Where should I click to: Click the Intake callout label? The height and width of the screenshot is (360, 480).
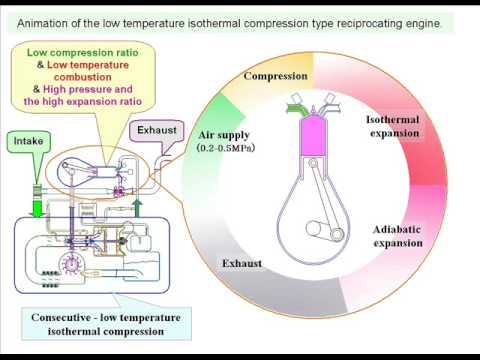[28, 141]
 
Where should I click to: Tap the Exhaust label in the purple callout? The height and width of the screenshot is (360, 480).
[157, 130]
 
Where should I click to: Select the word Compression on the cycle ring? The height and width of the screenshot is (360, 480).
[275, 76]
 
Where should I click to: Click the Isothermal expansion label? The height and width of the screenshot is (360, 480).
[393, 126]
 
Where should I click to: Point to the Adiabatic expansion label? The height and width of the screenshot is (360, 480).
[398, 236]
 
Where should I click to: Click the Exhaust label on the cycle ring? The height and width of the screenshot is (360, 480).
[242, 263]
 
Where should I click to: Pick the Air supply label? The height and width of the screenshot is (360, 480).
[224, 135]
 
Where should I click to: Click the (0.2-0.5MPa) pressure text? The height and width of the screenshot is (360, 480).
[226, 148]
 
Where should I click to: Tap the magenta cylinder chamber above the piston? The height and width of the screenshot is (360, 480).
[313, 135]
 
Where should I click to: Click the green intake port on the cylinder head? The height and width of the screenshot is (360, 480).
[297, 109]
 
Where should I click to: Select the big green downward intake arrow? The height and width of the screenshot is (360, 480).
[37, 206]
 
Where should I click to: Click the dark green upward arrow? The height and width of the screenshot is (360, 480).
[137, 208]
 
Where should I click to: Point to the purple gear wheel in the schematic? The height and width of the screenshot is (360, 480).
[71, 264]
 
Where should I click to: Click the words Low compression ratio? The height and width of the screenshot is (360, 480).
[82, 53]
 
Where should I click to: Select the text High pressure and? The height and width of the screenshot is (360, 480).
[88, 89]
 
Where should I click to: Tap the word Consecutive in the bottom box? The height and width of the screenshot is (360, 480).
[61, 317]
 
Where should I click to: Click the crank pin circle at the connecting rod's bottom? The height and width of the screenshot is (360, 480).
[337, 234]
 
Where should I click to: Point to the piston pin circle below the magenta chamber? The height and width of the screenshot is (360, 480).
[313, 163]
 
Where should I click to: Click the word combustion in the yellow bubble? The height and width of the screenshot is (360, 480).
[83, 77]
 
